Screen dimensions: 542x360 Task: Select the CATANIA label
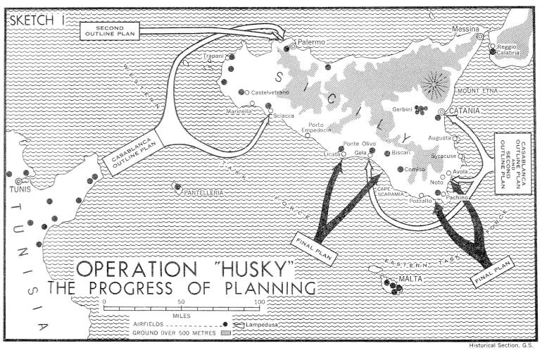pyautogui.click(x=464, y=111)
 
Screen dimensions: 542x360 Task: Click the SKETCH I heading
pyautogui.click(x=37, y=18)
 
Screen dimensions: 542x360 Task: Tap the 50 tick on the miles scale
pyautogui.click(x=182, y=302)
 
